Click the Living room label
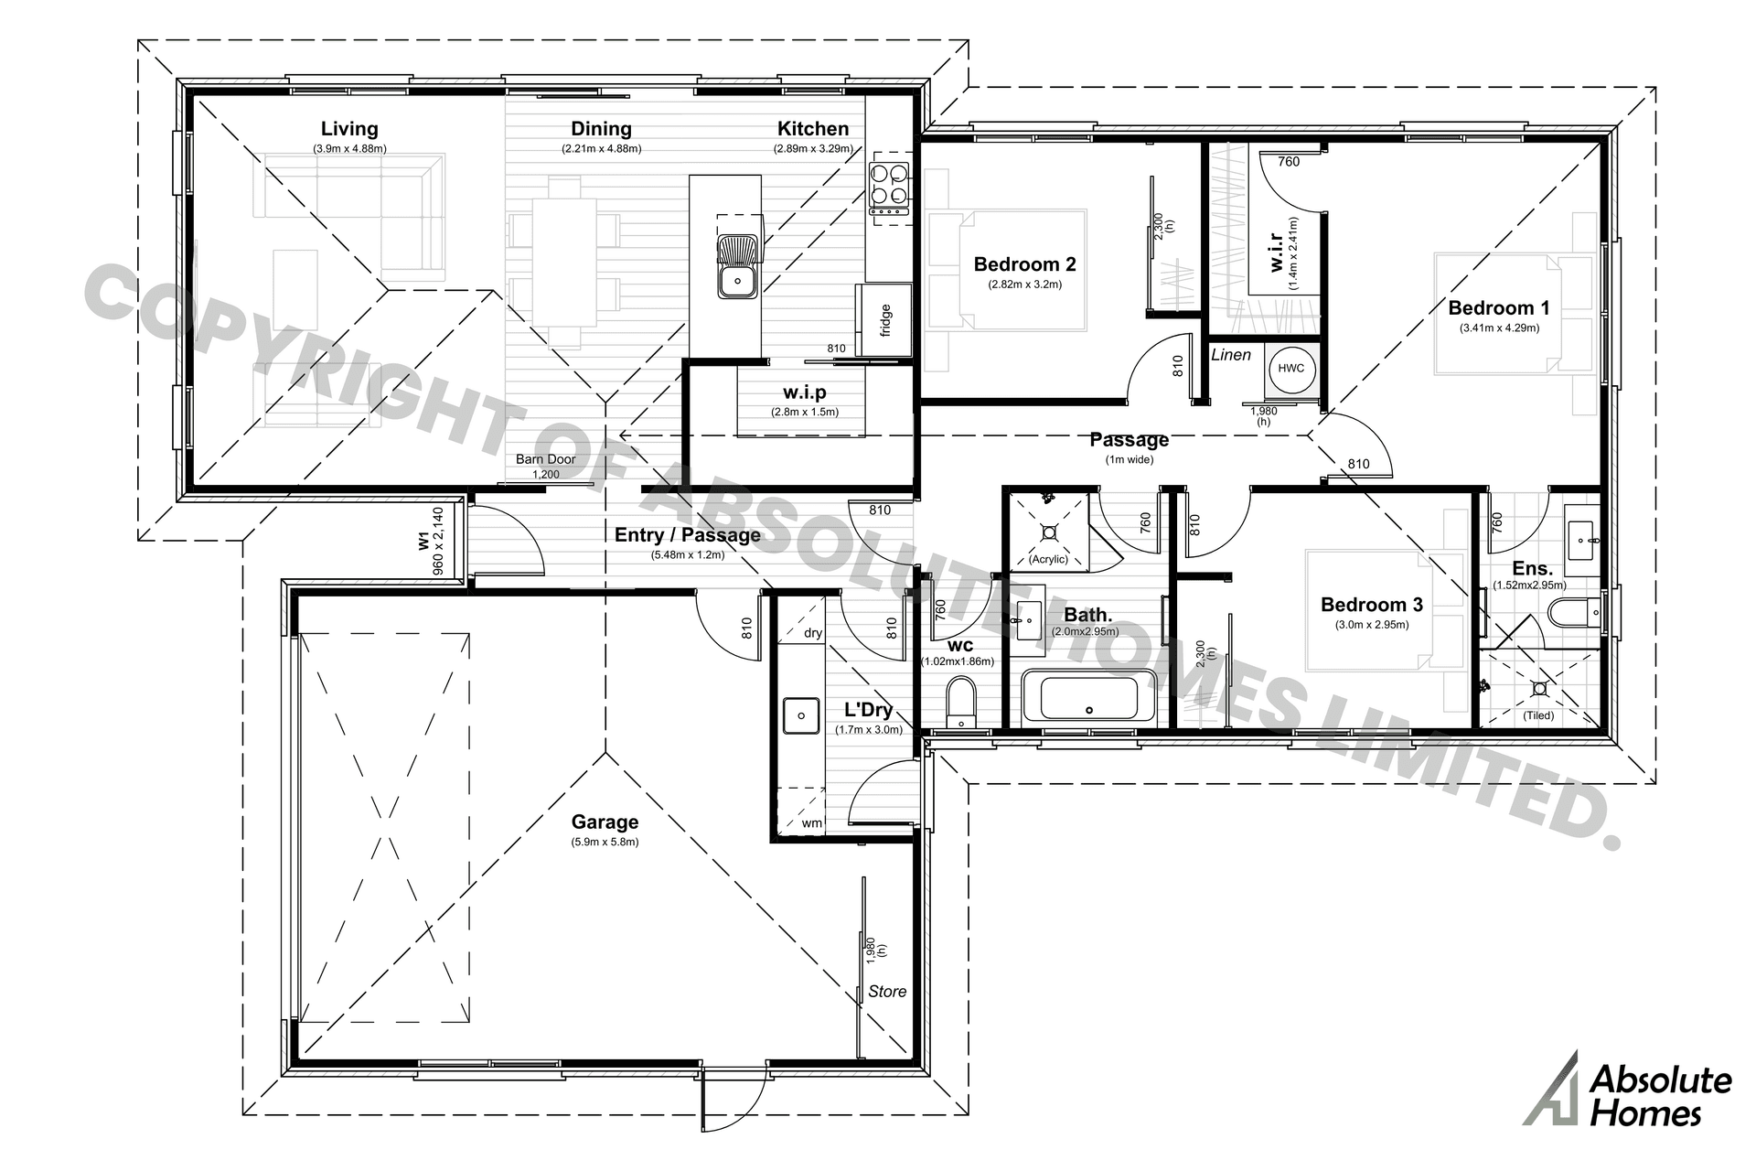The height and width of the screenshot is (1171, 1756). point(348,130)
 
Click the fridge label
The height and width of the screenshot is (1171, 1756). point(885,320)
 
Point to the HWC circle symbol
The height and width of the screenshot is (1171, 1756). point(1291,369)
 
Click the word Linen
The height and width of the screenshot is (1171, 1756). point(1230,355)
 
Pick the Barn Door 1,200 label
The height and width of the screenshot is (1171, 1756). point(545,466)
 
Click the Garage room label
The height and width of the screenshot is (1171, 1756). point(605,822)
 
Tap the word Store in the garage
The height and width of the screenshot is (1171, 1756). point(886,992)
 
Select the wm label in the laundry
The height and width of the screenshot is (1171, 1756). point(811,822)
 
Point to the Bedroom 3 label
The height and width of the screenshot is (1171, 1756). point(1371,605)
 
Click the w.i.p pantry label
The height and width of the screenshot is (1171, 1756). point(804,392)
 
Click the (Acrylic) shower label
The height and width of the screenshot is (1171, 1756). point(1048,559)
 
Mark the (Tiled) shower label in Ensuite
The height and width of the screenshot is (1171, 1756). point(1538,715)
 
